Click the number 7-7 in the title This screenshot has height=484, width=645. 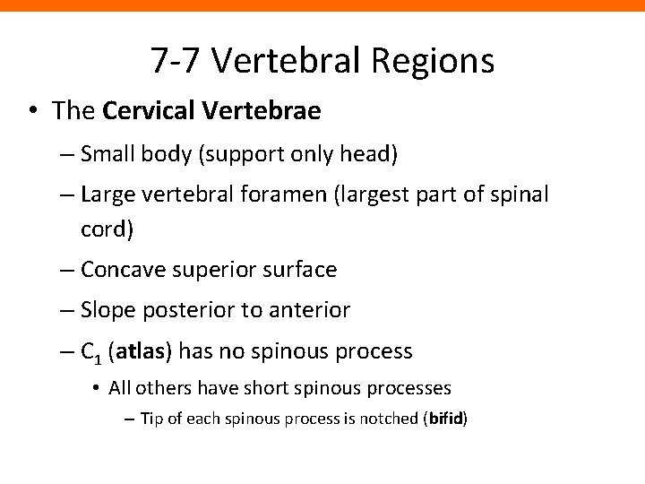pyautogui.click(x=179, y=61)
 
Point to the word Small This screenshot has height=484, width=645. pyautogui.click(x=106, y=154)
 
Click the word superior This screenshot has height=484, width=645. pyautogui.click(x=212, y=269)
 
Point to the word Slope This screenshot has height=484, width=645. pyautogui.click(x=105, y=310)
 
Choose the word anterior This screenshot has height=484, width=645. pyautogui.click(x=310, y=310)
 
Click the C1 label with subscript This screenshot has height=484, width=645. pyautogui.click(x=91, y=352)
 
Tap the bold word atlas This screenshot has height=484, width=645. pyautogui.click(x=140, y=351)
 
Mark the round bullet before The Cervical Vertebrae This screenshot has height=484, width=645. pyautogui.click(x=33, y=111)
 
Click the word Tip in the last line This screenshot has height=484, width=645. pyautogui.click(x=150, y=419)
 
